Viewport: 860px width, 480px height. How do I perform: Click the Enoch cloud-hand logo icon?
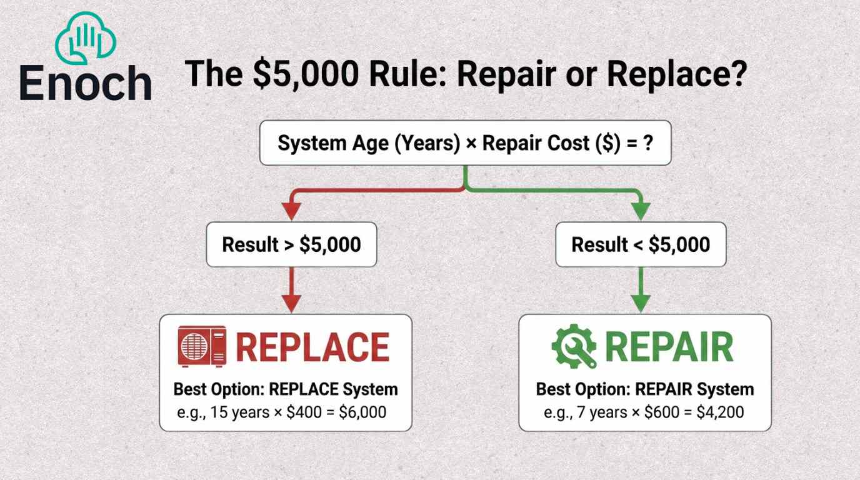coord(86,37)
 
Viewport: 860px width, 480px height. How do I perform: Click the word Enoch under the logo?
coord(86,83)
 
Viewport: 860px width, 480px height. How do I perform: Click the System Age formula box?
coord(466,143)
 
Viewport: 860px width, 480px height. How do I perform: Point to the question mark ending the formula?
coord(647,143)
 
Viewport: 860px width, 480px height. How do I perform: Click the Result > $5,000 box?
coord(291,244)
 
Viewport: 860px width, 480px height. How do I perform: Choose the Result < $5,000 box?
coord(641,244)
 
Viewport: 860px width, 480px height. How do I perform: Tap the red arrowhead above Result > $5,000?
coord(291,212)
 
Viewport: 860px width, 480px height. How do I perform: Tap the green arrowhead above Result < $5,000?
coord(641,212)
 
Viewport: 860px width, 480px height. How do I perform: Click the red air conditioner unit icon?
coord(202,346)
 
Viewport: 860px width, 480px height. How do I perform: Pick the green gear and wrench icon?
coord(574,346)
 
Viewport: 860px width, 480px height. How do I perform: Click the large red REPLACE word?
coord(312,347)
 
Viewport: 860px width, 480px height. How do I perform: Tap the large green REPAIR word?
coord(669,347)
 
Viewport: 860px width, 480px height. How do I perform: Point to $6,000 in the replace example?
coord(362,412)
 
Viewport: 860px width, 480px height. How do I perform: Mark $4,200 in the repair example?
coord(720,412)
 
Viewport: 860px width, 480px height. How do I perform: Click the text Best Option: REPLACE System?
coord(286,389)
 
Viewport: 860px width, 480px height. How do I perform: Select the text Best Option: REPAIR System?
coord(645,389)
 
